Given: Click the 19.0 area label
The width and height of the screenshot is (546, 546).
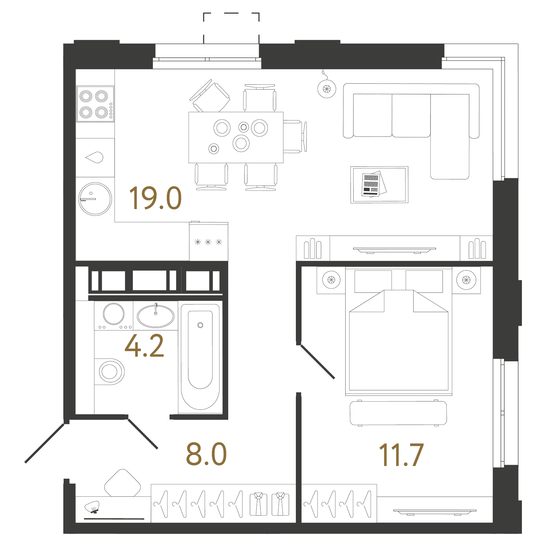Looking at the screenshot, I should [155, 198].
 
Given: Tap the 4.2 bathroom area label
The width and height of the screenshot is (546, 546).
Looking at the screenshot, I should [144, 346].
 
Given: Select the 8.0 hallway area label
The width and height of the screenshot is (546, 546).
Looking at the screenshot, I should [206, 454].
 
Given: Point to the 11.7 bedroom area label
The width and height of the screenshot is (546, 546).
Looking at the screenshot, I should [401, 455].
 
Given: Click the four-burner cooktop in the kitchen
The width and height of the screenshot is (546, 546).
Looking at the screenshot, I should [95, 104].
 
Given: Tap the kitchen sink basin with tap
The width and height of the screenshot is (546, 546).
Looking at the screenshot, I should [95, 157].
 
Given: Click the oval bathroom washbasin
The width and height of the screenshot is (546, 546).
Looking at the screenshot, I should [155, 316].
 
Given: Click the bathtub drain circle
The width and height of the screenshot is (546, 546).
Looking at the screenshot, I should [200, 325].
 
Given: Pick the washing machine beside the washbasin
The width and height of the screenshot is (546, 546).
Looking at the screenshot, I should [114, 315].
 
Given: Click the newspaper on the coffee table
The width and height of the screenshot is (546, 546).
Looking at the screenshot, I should [373, 184].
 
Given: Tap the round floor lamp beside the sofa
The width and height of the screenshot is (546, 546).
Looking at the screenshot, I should [327, 89].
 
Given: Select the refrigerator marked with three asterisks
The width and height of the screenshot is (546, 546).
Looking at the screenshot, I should [208, 242].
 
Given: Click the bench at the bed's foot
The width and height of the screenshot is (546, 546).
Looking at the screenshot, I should [398, 413].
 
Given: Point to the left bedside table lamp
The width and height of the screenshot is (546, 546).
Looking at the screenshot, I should [331, 280].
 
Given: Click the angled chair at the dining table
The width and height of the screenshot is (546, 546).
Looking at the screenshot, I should [210, 96].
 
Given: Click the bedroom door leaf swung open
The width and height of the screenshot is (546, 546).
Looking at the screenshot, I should [317, 362].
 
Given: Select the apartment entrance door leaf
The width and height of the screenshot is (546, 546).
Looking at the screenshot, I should [44, 443].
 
